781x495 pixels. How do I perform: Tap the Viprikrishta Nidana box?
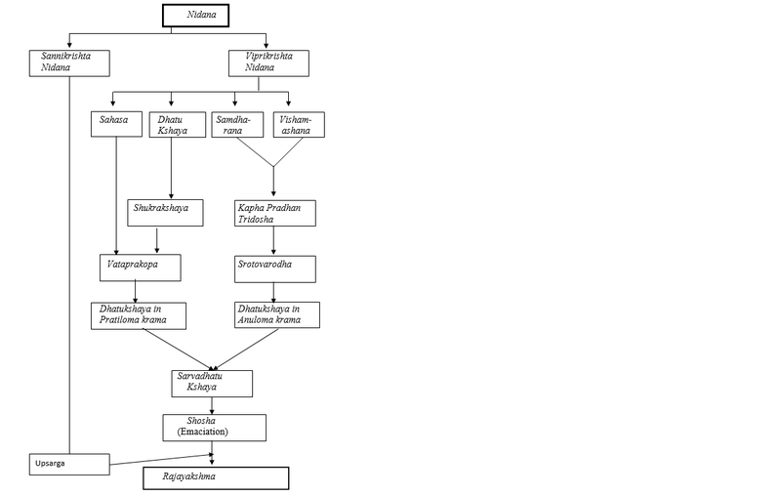click(x=265, y=62)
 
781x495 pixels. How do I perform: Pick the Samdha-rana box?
click(x=233, y=125)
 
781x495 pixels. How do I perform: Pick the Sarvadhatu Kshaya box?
click(x=210, y=381)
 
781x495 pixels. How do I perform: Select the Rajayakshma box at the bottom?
click(x=216, y=478)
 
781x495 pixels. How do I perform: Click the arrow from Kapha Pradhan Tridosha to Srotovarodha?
click(x=273, y=241)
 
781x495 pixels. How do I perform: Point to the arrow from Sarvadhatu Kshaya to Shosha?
click(x=215, y=403)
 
